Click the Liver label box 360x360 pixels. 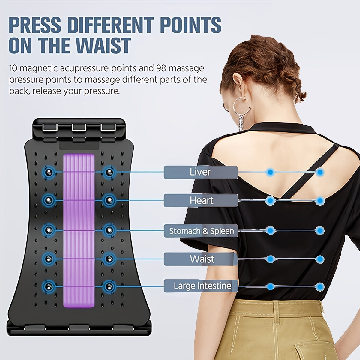pos(201,172)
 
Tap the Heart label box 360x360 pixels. pos(201,200)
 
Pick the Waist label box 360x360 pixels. pos(201,259)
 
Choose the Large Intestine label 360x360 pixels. pos(201,286)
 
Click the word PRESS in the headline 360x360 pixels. pos(35,25)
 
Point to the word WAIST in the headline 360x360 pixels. pos(104,46)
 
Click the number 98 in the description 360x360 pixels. pos(161,68)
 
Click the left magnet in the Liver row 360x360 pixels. pos(49,172)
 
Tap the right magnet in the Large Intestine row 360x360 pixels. pos(109,286)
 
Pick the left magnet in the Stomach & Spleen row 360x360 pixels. pos(49,230)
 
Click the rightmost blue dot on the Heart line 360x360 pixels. pos(320,201)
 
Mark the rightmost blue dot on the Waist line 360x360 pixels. pos(320,259)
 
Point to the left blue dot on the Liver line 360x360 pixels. pos(270,172)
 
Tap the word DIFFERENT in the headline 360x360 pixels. pos(111,25)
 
